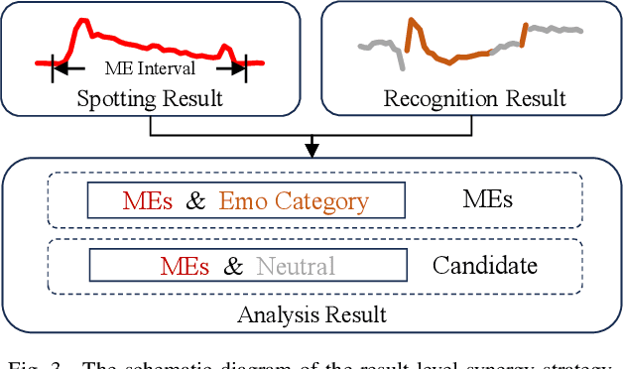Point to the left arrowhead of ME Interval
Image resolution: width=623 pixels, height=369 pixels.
58,67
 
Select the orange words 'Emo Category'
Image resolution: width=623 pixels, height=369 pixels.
294,201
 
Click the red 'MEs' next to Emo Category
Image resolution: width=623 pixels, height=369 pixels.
148,201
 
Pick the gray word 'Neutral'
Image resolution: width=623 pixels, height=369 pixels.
296,266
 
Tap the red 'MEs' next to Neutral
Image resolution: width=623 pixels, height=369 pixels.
185,266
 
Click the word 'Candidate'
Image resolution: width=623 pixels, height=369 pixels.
485,266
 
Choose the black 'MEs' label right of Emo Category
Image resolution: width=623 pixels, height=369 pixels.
487,199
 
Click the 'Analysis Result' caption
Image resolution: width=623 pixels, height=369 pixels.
311,315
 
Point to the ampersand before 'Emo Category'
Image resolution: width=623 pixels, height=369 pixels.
196,201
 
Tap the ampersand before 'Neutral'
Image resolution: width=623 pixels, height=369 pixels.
233,266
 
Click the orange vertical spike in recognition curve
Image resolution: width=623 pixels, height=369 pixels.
408,35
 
